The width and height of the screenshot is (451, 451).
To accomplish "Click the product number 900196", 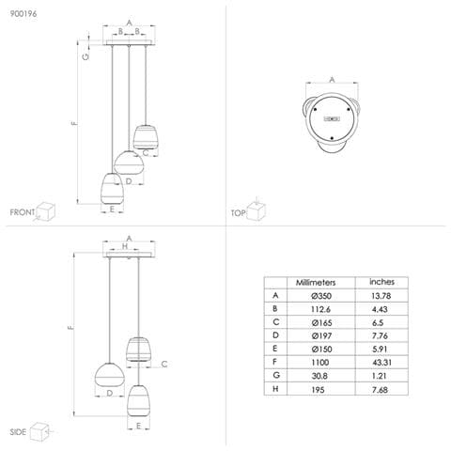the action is point(23,14).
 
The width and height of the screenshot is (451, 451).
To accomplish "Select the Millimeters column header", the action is point(316,283).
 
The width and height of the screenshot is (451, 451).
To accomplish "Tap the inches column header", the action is point(381,282).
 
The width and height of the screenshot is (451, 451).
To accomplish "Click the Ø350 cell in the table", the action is point(321,296).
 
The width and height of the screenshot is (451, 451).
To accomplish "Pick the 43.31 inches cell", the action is point(381,363).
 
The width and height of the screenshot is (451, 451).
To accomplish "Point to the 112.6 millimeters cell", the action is point(320,309).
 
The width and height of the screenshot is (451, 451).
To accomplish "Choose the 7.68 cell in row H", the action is point(380,390).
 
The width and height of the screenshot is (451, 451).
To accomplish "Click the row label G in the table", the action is point(276,375).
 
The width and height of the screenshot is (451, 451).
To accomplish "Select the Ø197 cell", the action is point(321,336).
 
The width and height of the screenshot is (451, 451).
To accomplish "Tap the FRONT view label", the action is point(23,212).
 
